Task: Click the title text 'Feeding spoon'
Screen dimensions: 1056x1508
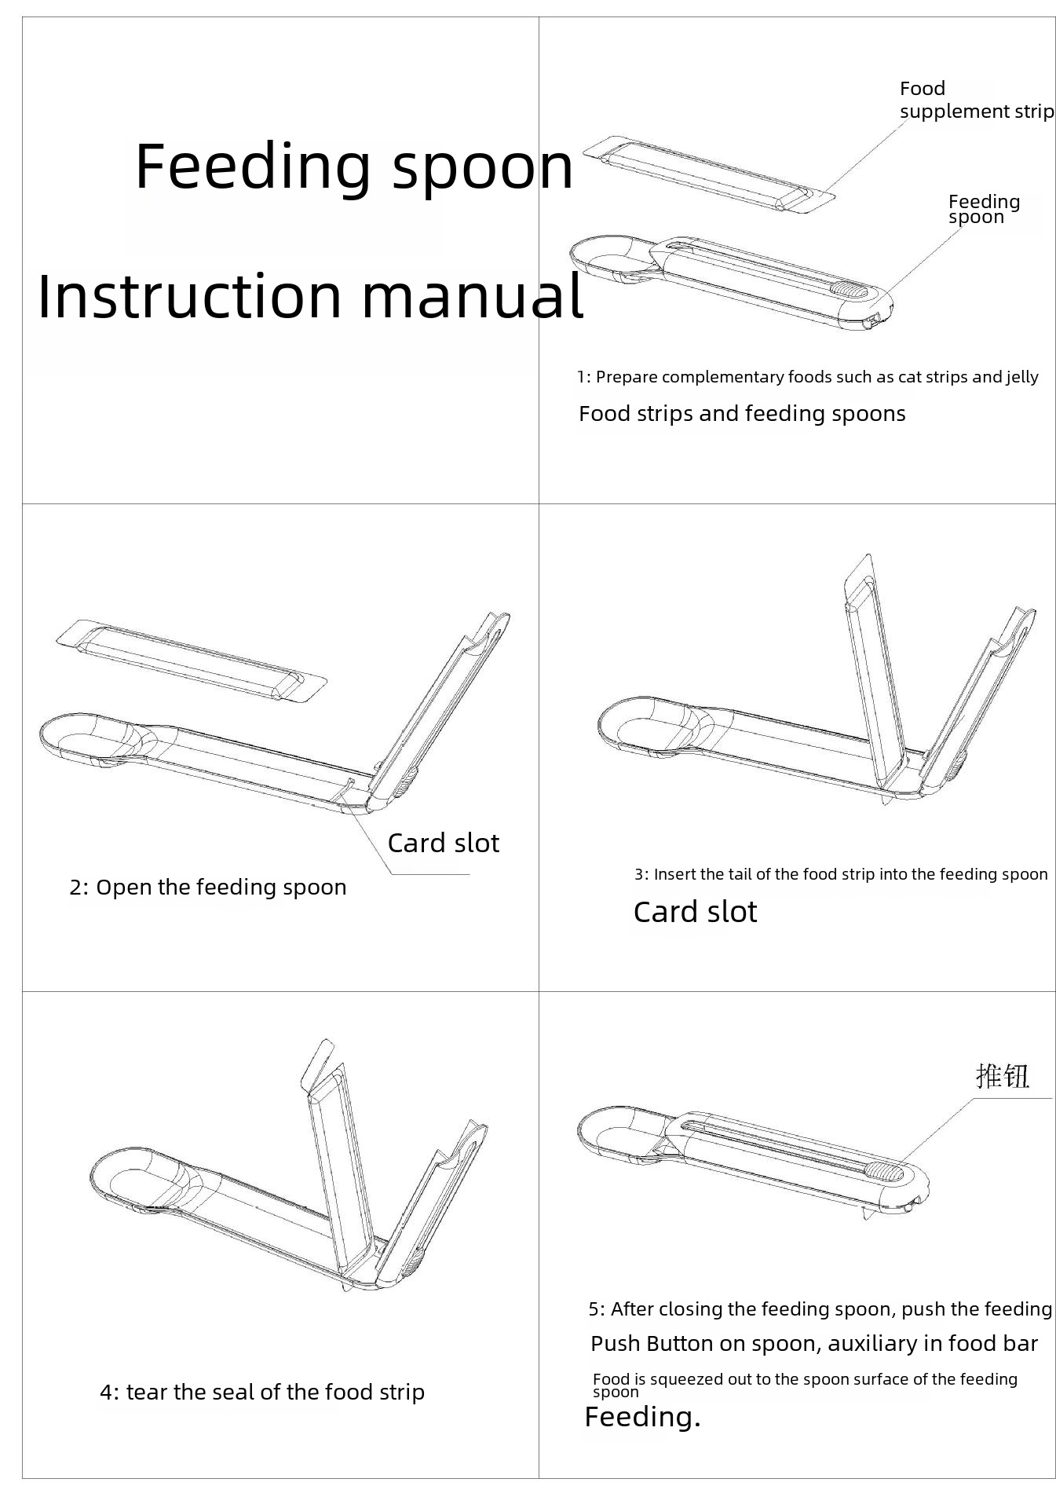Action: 354,167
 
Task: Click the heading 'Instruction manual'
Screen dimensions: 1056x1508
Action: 311,295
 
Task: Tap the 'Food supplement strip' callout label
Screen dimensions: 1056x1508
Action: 976,100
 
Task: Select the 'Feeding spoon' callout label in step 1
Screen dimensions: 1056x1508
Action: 984,209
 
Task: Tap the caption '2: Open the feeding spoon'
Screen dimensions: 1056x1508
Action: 208,888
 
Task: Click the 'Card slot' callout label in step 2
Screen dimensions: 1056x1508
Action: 444,843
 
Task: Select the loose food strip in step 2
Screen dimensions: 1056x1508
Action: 191,661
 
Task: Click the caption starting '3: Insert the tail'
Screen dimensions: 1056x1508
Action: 841,874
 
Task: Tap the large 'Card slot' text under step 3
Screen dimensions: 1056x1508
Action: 695,912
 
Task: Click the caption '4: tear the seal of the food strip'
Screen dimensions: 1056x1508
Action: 262,1393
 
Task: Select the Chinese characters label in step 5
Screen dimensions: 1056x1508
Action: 1003,1076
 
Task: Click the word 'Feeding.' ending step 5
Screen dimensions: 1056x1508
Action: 643,1418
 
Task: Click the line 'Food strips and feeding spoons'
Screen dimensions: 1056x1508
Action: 742,414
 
